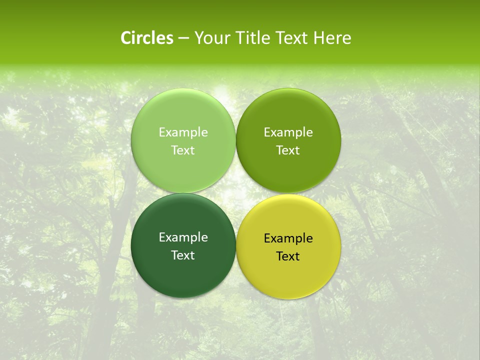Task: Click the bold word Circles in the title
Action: tap(147, 38)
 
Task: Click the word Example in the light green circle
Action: tap(183, 132)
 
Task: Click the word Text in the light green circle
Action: tap(183, 150)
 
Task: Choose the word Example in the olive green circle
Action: tap(288, 132)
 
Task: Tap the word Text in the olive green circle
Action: tap(288, 150)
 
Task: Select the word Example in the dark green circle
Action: tap(183, 237)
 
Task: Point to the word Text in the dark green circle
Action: tap(183, 255)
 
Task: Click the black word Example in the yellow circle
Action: tap(288, 238)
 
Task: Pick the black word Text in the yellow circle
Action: tap(288, 256)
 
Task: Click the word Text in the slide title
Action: tap(290, 38)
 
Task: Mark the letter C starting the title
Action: tap(126, 38)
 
